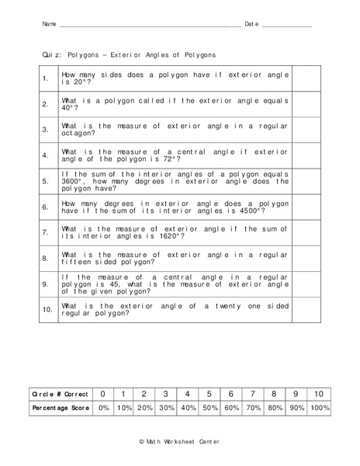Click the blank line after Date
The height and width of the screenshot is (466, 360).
pyautogui.click(x=286, y=27)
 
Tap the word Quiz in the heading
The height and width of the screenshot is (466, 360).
pyautogui.click(x=50, y=56)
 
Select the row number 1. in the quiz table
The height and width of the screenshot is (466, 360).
pyautogui.click(x=46, y=78)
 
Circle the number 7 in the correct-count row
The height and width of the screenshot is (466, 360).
pyautogui.click(x=253, y=394)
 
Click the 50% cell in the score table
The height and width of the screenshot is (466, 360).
pyautogui.click(x=209, y=408)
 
